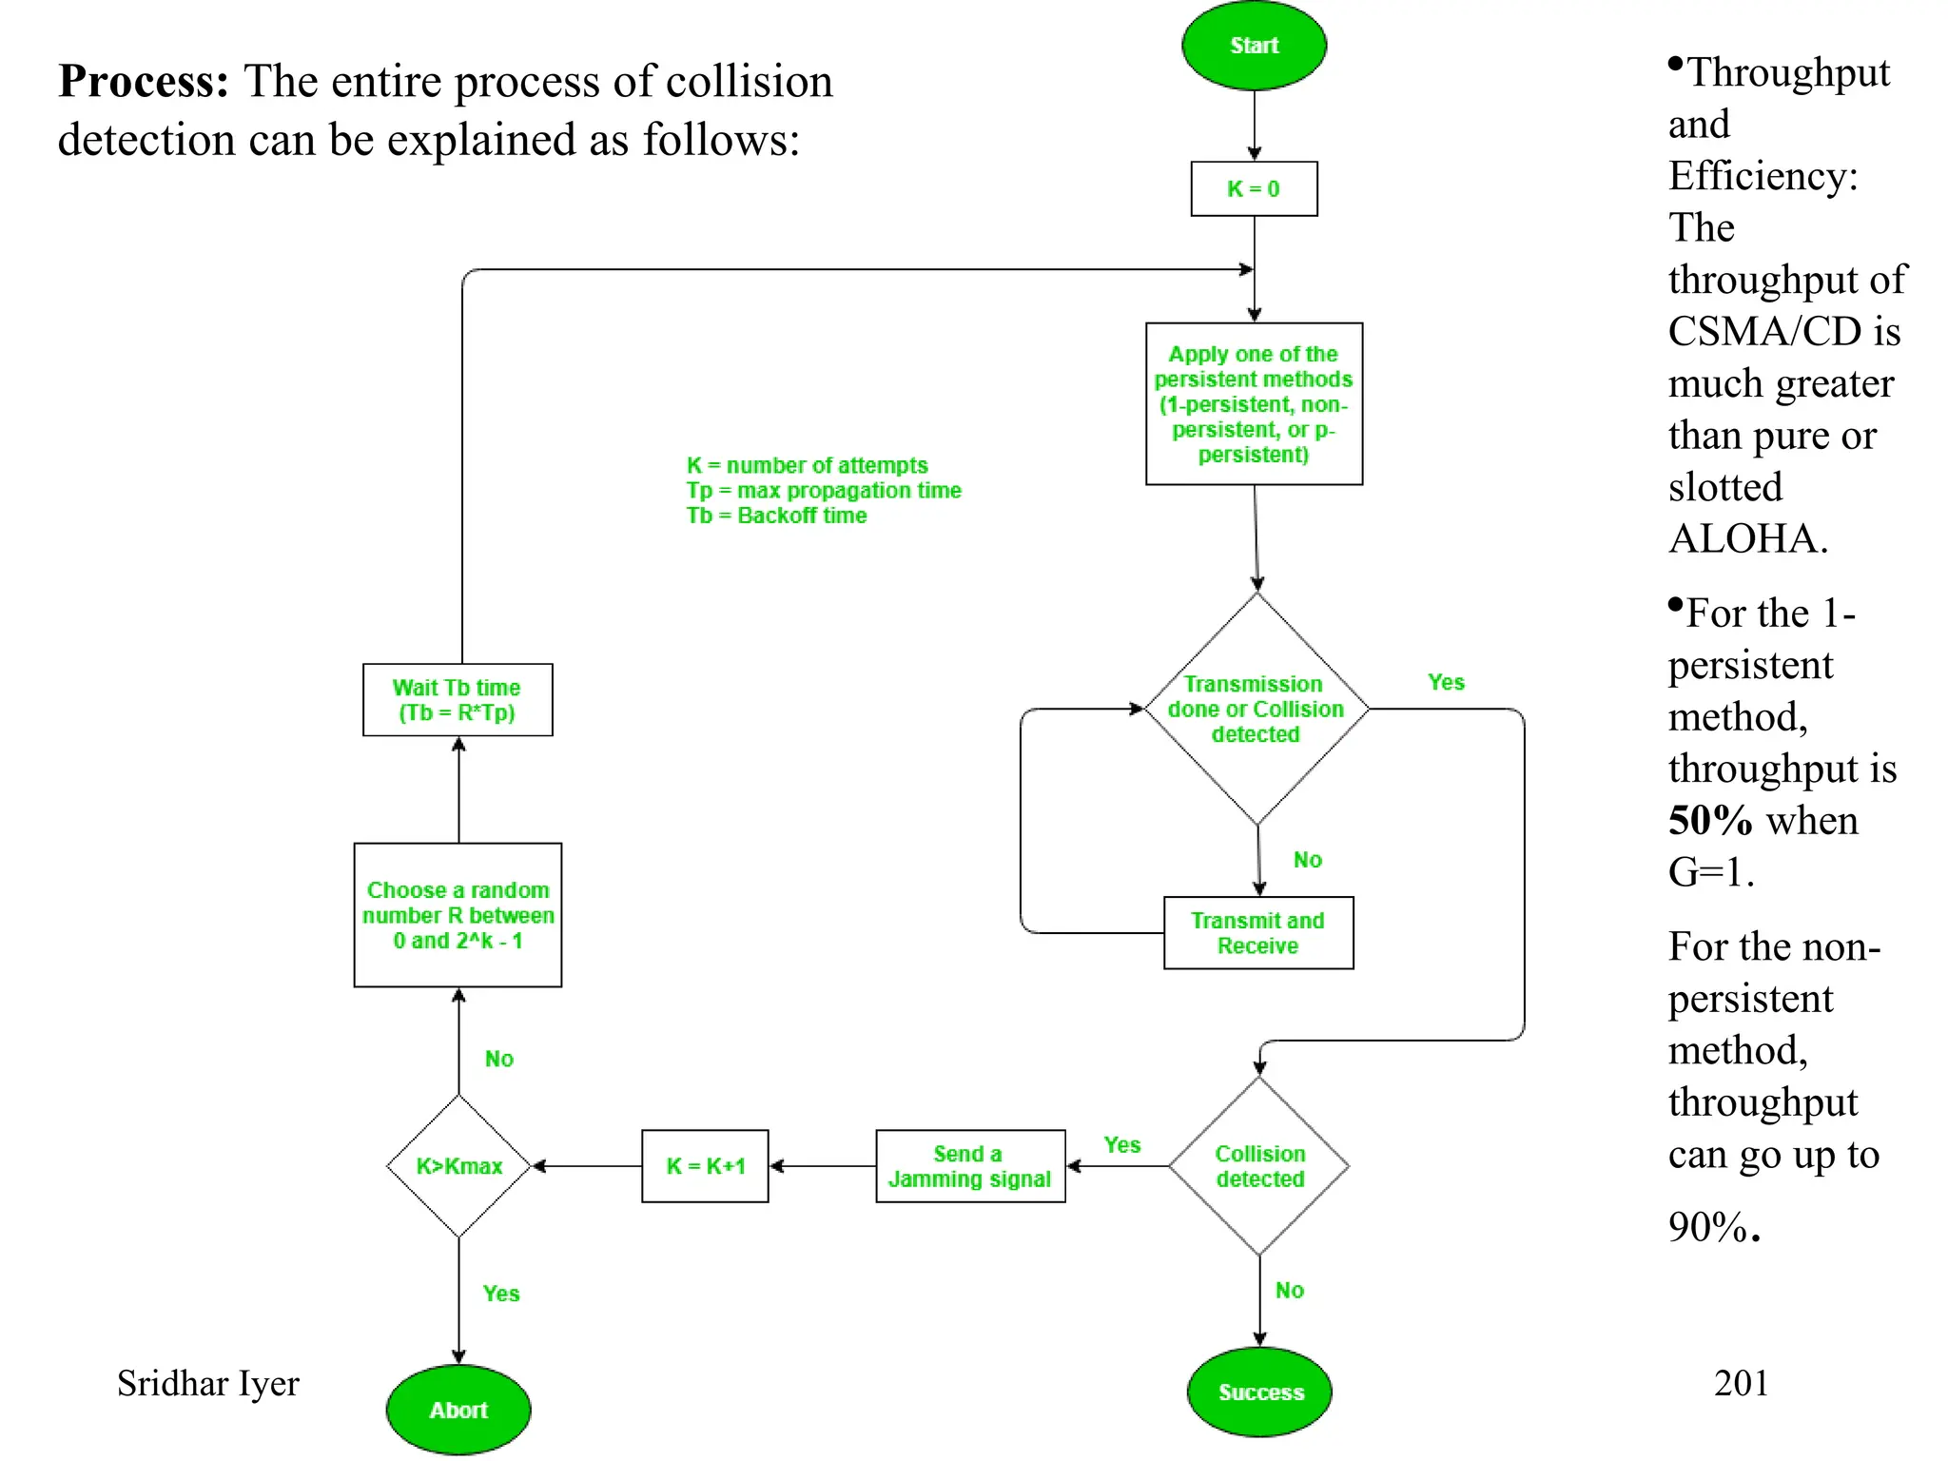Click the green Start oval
pyautogui.click(x=1254, y=46)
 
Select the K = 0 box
pyautogui.click(x=1254, y=188)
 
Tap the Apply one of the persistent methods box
pyautogui.click(x=1254, y=404)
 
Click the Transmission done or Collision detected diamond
pyautogui.click(x=1256, y=709)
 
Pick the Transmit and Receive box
pyautogui.click(x=1257, y=933)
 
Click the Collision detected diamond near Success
pyautogui.click(x=1259, y=1166)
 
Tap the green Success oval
pyautogui.click(x=1260, y=1392)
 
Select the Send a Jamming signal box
pyautogui.click(x=969, y=1166)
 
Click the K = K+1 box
pyautogui.click(x=705, y=1166)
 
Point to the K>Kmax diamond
pyautogui.click(x=458, y=1166)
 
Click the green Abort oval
pyautogui.click(x=458, y=1410)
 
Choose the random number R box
pyautogui.click(x=458, y=915)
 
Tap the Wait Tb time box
pyautogui.click(x=457, y=700)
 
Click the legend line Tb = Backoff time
pyautogui.click(x=776, y=516)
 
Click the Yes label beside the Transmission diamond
pyautogui.click(x=1446, y=682)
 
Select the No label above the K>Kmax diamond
pyautogui.click(x=498, y=1059)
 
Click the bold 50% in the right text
pyautogui.click(x=1709, y=820)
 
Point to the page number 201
pyautogui.click(x=1741, y=1383)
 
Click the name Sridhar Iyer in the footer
pyautogui.click(x=207, y=1383)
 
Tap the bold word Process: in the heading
pyautogui.click(x=144, y=81)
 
